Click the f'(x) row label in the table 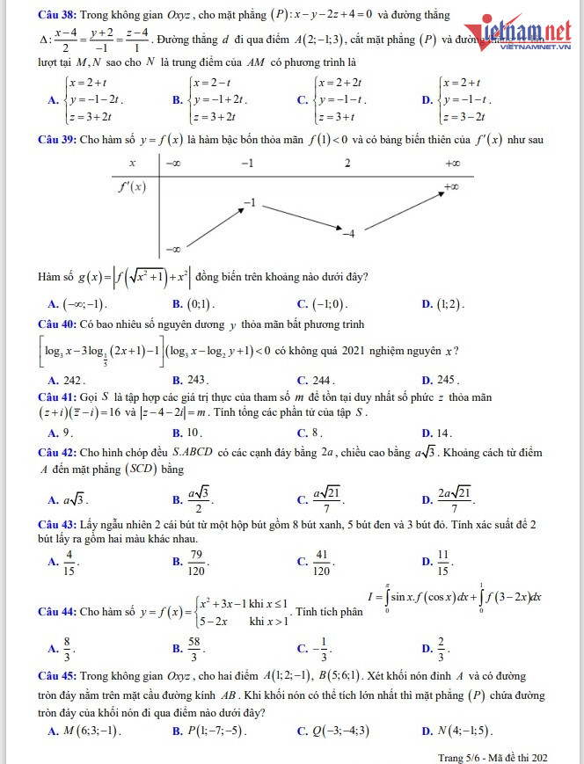(x=133, y=186)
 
